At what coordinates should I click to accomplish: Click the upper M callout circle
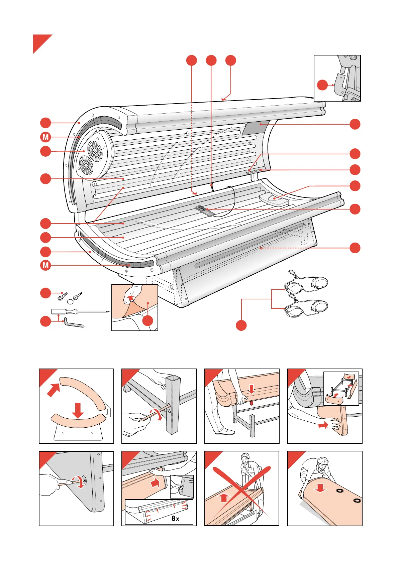point(45,137)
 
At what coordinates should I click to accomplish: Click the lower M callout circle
point(45,266)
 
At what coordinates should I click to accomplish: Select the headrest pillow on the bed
point(274,199)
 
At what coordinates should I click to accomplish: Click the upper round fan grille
point(95,151)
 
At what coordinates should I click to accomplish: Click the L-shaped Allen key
point(74,323)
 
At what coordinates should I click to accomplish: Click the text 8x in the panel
point(175,518)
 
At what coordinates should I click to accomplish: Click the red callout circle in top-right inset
point(322,85)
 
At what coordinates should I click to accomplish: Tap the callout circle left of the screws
point(45,293)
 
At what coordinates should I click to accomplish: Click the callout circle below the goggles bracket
point(241,325)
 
